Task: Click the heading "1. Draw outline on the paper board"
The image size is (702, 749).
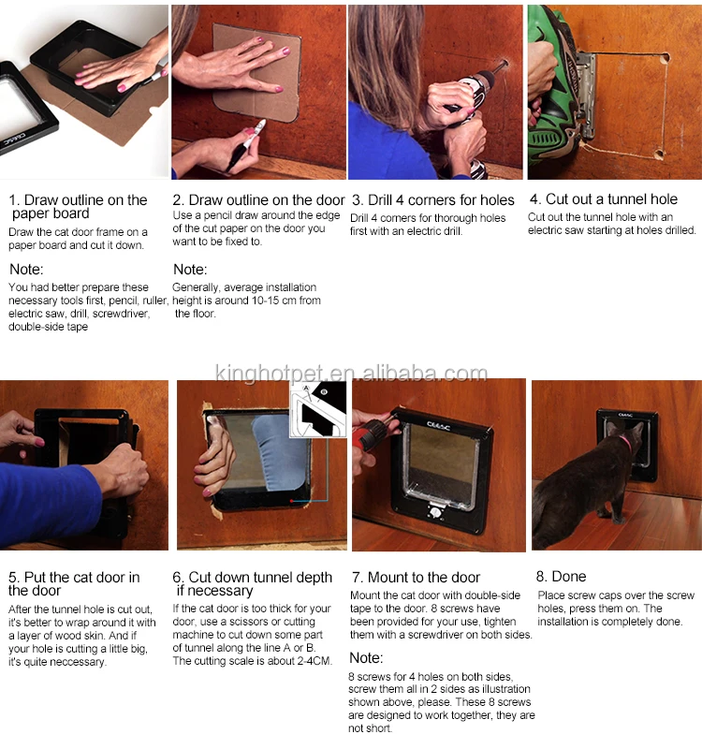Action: point(79,206)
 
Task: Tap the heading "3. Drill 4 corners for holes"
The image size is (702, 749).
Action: point(433,199)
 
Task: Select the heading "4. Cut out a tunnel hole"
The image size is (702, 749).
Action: point(604,198)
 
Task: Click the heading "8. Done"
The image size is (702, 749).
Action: point(561,576)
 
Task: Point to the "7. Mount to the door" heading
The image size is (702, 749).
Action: point(416,577)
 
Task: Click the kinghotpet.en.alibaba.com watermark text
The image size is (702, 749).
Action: point(351,373)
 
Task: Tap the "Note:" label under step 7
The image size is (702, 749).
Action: point(366,658)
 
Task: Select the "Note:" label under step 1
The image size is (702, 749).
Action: point(26,270)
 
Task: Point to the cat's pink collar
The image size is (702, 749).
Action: point(626,443)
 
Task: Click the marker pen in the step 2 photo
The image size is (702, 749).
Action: point(246,145)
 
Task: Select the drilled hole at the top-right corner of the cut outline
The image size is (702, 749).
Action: point(665,58)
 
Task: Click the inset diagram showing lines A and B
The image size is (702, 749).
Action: point(318,409)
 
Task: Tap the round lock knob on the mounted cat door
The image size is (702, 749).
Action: point(435,512)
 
